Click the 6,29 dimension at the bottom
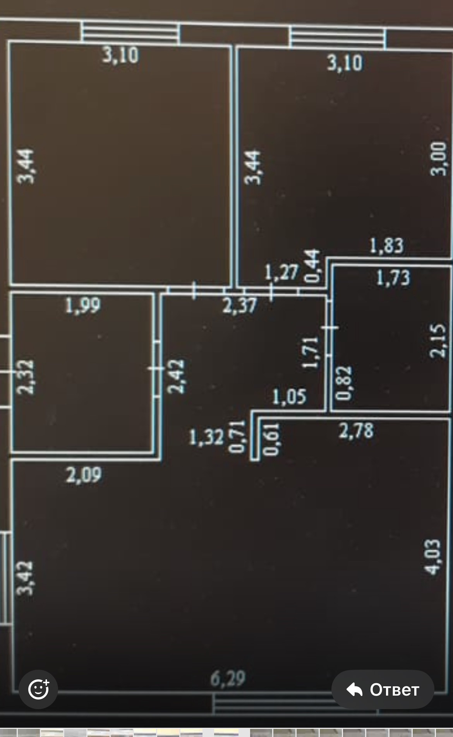coord(228,678)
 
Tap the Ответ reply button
coord(383,689)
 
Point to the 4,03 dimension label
coord(432,557)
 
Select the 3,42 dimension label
coord(25,578)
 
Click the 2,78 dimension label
coord(356,431)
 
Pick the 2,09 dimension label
coord(84,475)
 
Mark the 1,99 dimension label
coord(82,305)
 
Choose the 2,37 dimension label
coord(239,305)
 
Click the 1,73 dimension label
coord(393,278)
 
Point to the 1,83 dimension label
coord(386,245)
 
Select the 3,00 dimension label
coord(439,159)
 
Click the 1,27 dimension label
coord(281,272)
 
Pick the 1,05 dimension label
coord(289,397)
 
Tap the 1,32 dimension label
coord(206,438)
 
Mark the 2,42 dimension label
coord(176,376)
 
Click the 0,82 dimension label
coord(344,383)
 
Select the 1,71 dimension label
coord(311,352)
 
